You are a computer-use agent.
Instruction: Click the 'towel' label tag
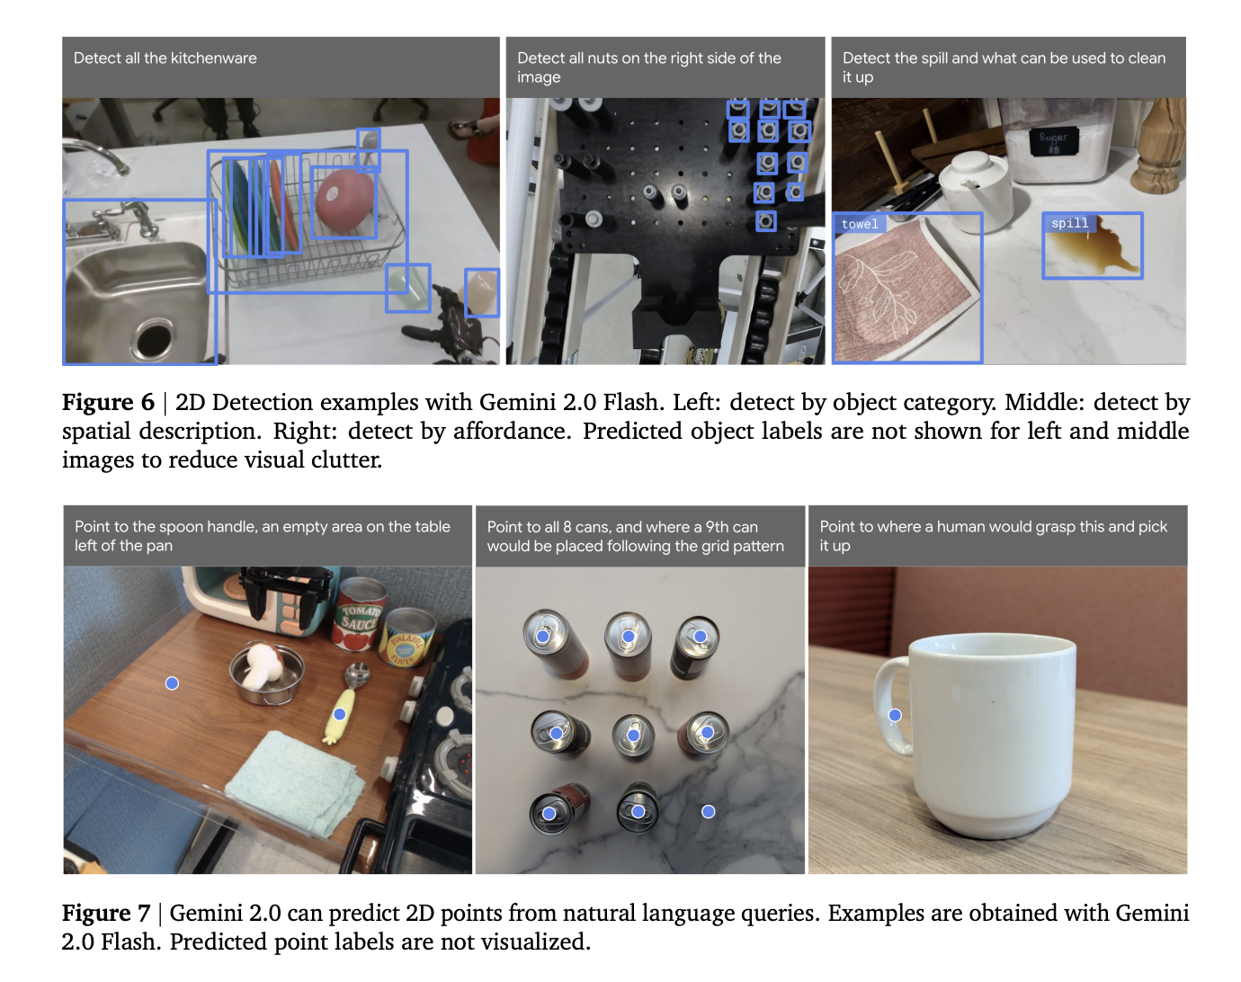pyautogui.click(x=860, y=224)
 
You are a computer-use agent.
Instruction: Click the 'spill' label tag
pyautogui.click(x=1069, y=223)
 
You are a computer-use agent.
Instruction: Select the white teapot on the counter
pyautogui.click(x=974, y=185)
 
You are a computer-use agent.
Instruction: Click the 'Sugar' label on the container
pyautogui.click(x=1053, y=138)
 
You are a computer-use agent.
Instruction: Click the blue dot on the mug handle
pyautogui.click(x=895, y=715)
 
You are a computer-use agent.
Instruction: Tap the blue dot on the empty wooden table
pyautogui.click(x=172, y=683)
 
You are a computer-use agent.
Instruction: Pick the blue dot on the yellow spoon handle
pyautogui.click(x=339, y=714)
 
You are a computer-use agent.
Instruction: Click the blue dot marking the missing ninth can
pyautogui.click(x=709, y=811)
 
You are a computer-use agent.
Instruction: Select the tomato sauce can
pyautogui.click(x=359, y=615)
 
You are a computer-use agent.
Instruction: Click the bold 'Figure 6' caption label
pyautogui.click(x=109, y=402)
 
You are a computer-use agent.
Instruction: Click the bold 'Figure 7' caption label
pyautogui.click(x=106, y=913)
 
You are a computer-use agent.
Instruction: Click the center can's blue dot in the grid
pyautogui.click(x=633, y=735)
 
